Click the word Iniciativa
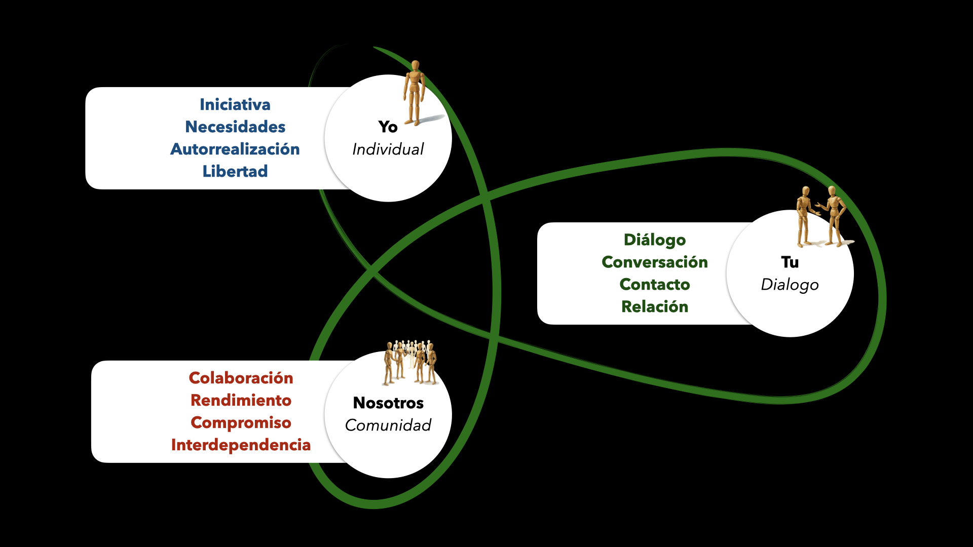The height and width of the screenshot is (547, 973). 235,105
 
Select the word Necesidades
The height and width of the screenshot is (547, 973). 235,127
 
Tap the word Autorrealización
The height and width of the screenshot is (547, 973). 235,149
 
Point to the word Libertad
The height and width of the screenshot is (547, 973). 235,172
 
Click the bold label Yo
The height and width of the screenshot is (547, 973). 388,127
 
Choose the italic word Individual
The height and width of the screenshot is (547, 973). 388,149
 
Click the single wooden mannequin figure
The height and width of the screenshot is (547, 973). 415,94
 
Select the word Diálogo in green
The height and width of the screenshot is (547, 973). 655,240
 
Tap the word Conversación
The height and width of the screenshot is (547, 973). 655,262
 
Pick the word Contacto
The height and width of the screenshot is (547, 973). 655,285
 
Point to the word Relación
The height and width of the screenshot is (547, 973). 655,307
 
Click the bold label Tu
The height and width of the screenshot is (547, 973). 790,262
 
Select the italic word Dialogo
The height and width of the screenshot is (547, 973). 790,285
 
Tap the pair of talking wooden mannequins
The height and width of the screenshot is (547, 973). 821,217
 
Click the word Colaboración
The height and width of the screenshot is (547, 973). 241,378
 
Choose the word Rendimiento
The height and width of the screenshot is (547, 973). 241,401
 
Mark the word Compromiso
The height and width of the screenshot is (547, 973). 241,423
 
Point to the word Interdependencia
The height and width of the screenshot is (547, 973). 241,445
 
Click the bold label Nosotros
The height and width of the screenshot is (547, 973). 388,403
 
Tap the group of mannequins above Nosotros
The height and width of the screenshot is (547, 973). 410,362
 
